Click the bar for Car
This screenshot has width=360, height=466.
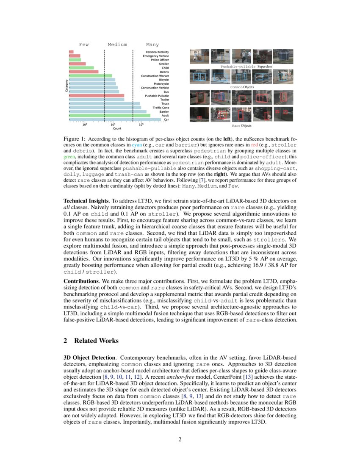114,119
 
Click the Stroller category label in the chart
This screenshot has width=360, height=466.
163,64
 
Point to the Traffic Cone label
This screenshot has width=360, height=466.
161,108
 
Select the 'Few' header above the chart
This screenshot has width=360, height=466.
84,44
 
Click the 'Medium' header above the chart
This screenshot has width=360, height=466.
117,44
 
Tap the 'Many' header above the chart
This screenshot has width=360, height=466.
152,44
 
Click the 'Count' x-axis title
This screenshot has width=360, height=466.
117,128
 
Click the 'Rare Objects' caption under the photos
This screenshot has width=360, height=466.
241,126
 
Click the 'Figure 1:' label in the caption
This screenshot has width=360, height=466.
75,139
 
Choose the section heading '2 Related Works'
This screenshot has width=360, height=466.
91,341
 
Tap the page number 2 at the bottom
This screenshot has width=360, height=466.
180,439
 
